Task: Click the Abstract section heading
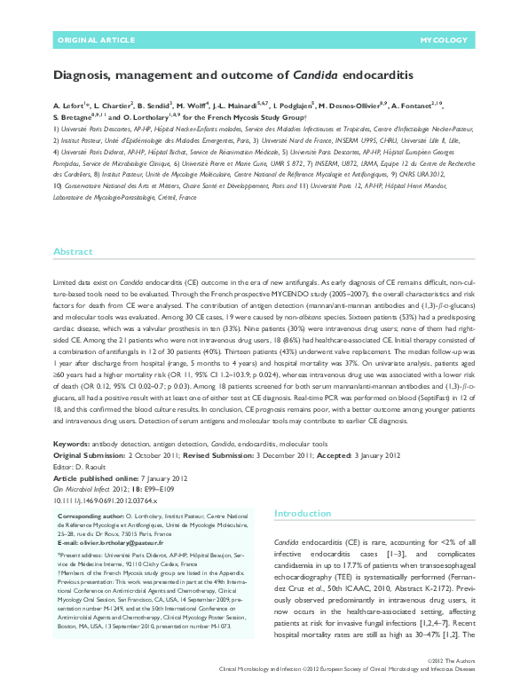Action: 73,252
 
